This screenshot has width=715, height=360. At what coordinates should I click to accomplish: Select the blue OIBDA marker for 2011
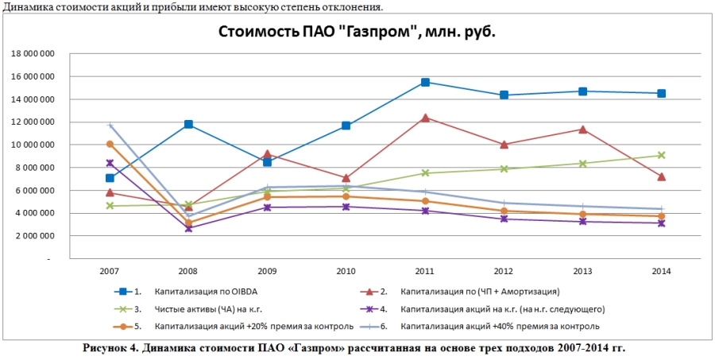pyautogui.click(x=426, y=82)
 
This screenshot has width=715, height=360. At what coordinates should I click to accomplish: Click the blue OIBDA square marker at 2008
pyautogui.click(x=188, y=124)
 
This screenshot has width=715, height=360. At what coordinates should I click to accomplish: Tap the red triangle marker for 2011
pyautogui.click(x=426, y=118)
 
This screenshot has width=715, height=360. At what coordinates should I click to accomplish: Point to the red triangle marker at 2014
pyautogui.click(x=661, y=176)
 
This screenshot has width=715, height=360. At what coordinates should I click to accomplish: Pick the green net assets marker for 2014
pyautogui.click(x=661, y=156)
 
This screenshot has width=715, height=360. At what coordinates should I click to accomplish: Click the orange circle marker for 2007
pyautogui.click(x=110, y=144)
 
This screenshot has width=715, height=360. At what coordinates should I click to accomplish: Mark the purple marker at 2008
pyautogui.click(x=188, y=228)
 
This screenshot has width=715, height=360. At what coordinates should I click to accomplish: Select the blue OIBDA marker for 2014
pyautogui.click(x=661, y=93)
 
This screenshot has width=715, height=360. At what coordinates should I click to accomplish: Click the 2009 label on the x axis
pyautogui.click(x=267, y=271)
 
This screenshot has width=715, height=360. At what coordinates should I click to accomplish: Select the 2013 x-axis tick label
pyautogui.click(x=582, y=271)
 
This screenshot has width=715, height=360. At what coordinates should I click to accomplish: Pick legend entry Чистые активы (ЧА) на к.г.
pyautogui.click(x=199, y=309)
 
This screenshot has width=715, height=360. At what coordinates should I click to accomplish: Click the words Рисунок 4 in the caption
pyautogui.click(x=110, y=348)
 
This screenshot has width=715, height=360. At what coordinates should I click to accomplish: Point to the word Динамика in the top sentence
pyautogui.click(x=25, y=7)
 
